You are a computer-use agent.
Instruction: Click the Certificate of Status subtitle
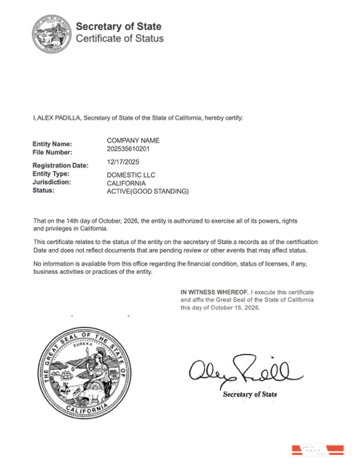[120, 39]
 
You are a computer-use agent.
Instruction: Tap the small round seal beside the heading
[52, 33]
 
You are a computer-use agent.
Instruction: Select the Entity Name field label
[52, 143]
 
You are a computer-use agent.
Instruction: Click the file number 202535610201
[128, 149]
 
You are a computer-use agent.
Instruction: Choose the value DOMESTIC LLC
[131, 175]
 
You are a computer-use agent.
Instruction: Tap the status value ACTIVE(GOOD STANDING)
[147, 191]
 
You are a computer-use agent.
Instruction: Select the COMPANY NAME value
[133, 140]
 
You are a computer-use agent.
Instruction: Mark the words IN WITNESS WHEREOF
[215, 292]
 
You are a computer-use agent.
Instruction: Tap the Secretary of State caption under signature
[249, 395]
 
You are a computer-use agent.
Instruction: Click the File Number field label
[52, 152]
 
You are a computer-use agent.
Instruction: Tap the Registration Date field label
[60, 165]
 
